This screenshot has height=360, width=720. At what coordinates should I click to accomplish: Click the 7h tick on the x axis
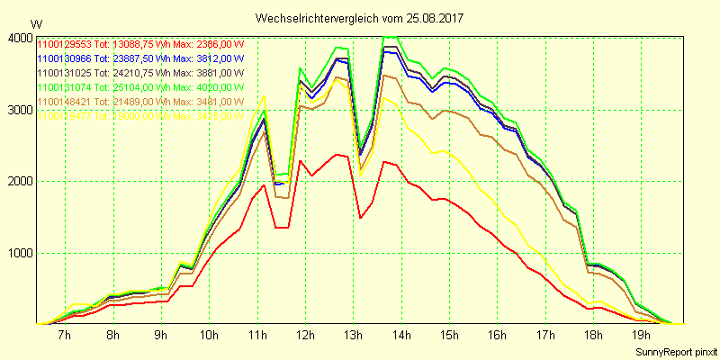64,336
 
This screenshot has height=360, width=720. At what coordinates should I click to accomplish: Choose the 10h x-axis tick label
209,336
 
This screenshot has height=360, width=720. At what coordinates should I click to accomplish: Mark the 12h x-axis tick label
305,336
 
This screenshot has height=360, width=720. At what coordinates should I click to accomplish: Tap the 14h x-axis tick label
401,336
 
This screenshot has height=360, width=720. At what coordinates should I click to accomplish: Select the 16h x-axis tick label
498,336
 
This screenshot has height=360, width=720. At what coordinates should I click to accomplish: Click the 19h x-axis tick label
643,336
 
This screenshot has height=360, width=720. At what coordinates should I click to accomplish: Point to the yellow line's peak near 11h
264,95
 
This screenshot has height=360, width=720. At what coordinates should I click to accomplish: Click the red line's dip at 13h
360,217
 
